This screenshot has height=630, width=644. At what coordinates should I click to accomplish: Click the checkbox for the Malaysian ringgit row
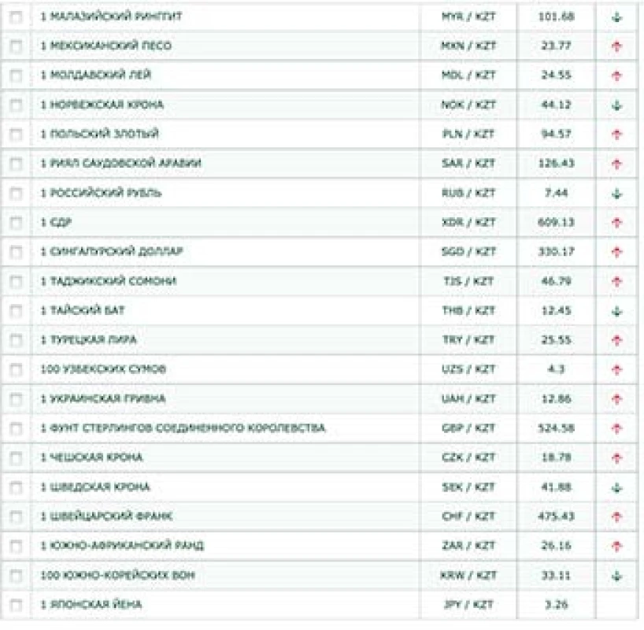click(x=15, y=17)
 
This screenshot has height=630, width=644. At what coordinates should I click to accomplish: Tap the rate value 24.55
click(x=556, y=75)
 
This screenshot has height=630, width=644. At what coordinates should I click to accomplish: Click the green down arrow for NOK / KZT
click(x=616, y=105)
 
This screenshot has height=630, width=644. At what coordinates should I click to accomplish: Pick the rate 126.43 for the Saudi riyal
click(x=556, y=163)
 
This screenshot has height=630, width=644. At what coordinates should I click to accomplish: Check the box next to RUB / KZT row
click(x=15, y=193)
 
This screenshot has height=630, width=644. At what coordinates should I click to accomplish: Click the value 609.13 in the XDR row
click(x=556, y=222)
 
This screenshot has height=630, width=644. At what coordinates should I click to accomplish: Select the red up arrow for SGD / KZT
click(x=616, y=252)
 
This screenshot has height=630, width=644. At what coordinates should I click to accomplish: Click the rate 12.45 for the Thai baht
click(x=556, y=310)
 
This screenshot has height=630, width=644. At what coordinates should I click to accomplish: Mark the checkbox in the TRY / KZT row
click(x=15, y=340)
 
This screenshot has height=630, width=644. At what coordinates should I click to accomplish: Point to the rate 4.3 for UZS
click(x=556, y=369)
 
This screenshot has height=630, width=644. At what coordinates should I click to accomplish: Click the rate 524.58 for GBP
click(x=556, y=428)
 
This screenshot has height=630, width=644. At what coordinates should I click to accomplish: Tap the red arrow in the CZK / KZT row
click(x=616, y=458)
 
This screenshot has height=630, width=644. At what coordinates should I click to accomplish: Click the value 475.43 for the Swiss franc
click(x=556, y=517)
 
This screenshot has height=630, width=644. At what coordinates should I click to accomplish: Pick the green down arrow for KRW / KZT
click(x=616, y=576)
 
